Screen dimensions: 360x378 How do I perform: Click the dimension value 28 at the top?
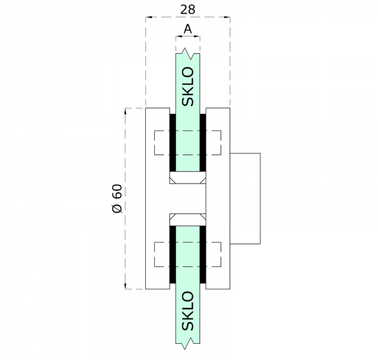tap(188, 9)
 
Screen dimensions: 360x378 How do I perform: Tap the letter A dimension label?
tap(188, 28)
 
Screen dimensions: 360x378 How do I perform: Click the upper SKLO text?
tap(188, 87)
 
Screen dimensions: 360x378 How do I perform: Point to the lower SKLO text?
tap(188, 311)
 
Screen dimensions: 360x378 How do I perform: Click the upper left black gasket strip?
tap(172, 142)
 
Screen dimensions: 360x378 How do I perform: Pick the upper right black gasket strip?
tap(203, 142)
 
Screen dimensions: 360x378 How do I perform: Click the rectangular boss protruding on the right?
tap(246, 199)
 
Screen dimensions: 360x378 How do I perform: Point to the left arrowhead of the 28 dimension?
tap(149, 19)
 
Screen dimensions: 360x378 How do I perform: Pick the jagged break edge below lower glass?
tap(188, 344)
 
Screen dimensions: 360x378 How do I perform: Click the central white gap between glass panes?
tap(188, 199)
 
